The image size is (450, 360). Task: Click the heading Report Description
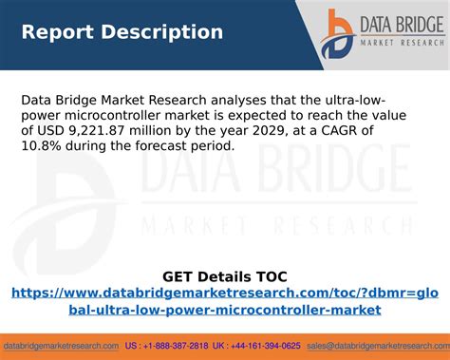coord(122,32)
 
